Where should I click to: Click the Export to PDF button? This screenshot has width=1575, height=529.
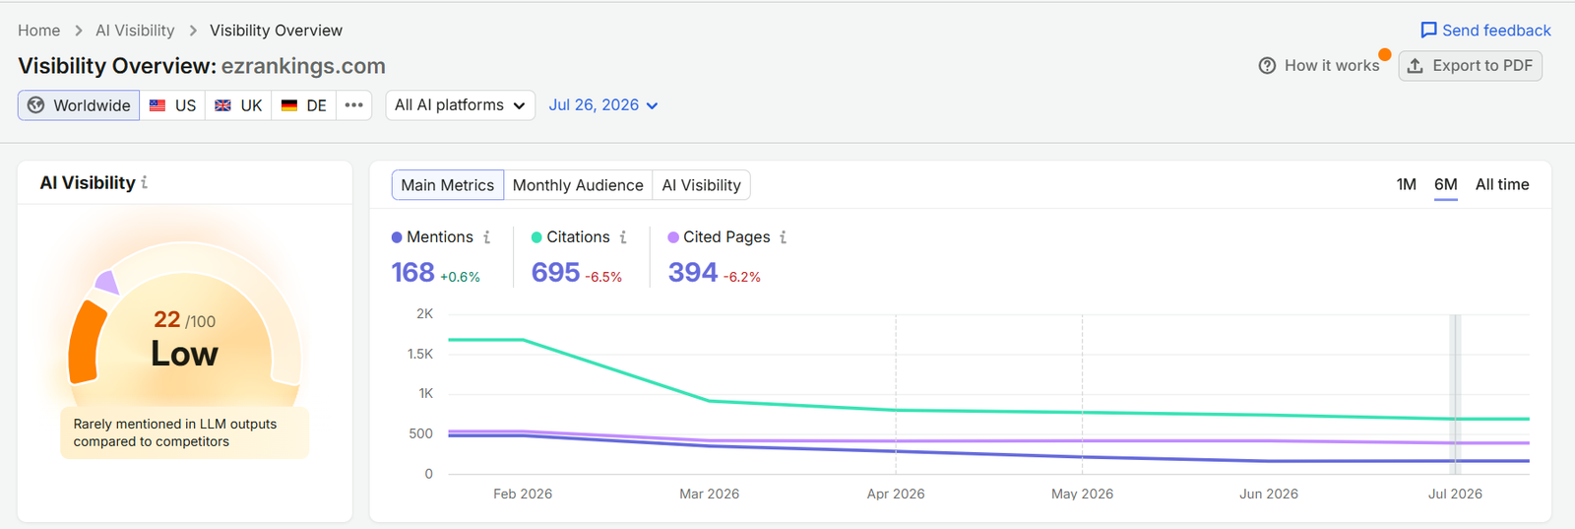(1470, 65)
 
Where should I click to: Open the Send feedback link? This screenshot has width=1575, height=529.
(1485, 31)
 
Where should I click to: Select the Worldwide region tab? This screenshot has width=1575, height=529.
(79, 105)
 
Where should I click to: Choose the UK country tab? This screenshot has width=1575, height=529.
(238, 105)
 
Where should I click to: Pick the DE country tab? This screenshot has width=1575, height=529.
(304, 105)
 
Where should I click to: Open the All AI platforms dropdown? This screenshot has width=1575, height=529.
(460, 105)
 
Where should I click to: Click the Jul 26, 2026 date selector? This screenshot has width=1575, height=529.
(603, 105)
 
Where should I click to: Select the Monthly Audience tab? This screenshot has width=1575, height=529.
(578, 185)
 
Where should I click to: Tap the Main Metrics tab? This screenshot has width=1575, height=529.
(447, 185)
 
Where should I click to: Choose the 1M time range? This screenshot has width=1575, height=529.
(1407, 184)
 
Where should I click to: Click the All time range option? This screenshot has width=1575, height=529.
(1502, 184)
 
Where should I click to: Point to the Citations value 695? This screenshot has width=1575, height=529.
(555, 272)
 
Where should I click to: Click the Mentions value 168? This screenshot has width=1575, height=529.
(412, 272)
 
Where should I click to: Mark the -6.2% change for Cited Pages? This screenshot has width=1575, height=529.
(742, 277)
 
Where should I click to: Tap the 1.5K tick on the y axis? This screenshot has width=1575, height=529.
(420, 354)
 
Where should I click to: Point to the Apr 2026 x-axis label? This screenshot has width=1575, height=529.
(896, 494)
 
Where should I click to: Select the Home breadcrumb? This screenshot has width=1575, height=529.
(38, 31)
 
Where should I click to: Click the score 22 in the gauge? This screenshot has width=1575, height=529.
(167, 319)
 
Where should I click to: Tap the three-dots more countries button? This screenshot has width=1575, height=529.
(353, 105)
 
